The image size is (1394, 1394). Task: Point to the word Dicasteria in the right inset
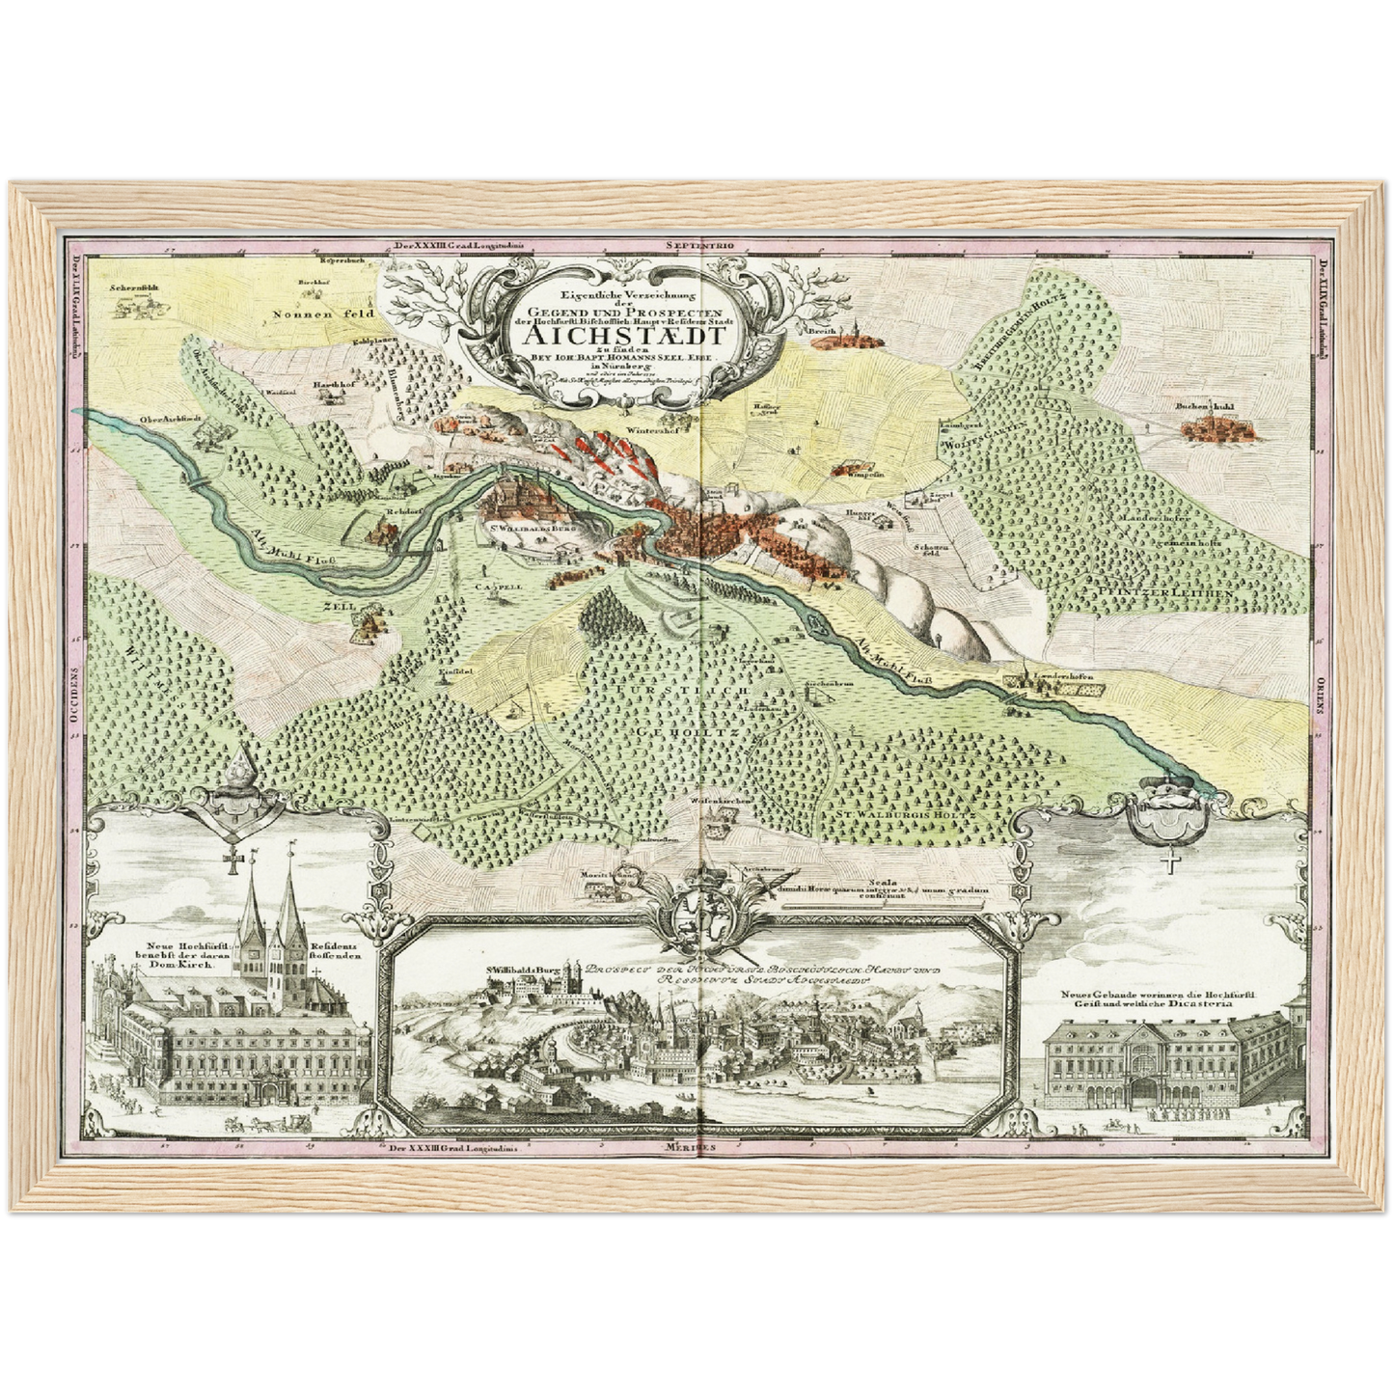click(x=1213, y=1002)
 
